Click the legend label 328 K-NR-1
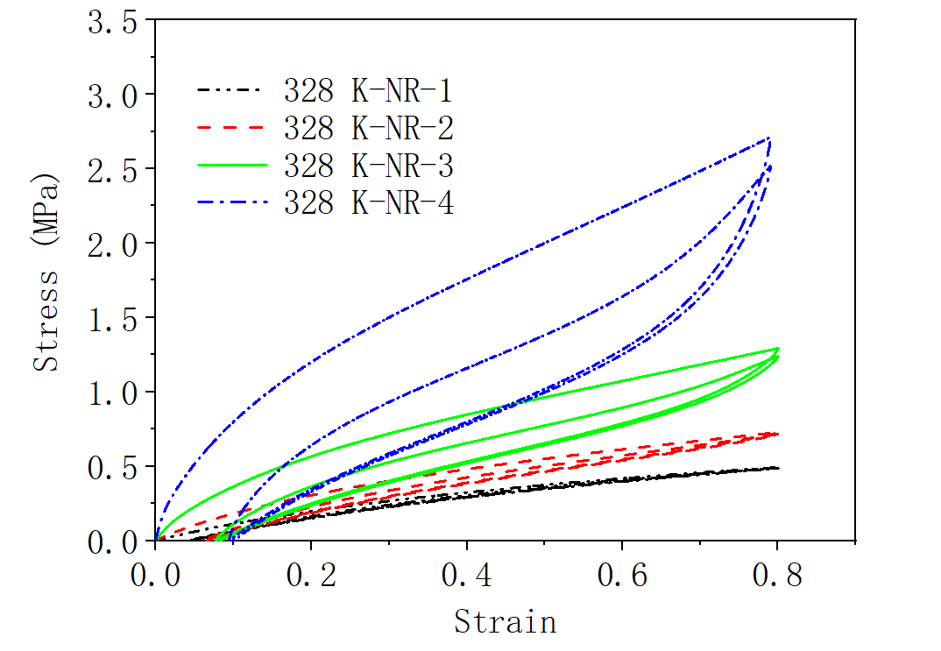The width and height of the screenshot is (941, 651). click(368, 90)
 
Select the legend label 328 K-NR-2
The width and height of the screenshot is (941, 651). click(368, 129)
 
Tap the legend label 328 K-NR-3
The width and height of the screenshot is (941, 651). click(368, 166)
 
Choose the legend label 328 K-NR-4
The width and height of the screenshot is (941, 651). click(368, 203)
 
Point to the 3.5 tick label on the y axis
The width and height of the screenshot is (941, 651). click(111, 21)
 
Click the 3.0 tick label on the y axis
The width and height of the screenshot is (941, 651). click(111, 94)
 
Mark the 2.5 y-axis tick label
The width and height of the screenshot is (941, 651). click(111, 168)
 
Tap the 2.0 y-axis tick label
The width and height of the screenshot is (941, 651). click(111, 243)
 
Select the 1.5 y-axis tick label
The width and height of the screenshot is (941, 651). click(111, 317)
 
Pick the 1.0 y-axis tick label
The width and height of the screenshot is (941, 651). click(111, 392)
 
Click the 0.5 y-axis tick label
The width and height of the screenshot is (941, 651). click(111, 466)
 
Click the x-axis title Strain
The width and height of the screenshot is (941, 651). click(505, 621)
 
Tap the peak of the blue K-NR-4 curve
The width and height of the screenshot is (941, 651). click(768, 138)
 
